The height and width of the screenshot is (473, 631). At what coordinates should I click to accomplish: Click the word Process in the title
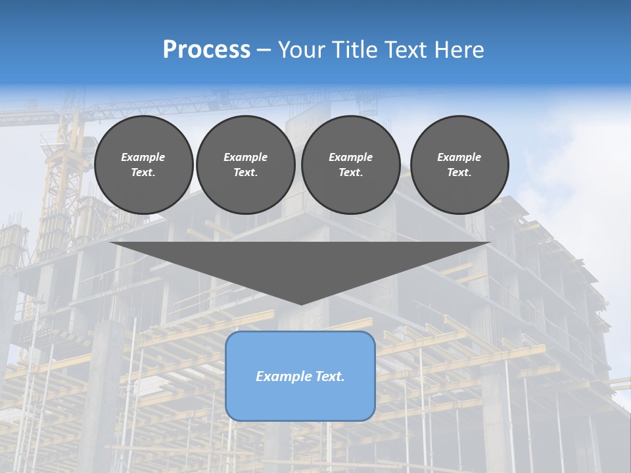(x=206, y=50)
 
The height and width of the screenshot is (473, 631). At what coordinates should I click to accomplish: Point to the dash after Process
(x=264, y=51)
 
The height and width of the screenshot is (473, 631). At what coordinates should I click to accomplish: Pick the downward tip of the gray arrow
(x=301, y=304)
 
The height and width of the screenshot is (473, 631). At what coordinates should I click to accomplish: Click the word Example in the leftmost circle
(x=143, y=157)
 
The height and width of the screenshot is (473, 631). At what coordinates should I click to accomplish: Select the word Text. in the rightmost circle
(x=459, y=172)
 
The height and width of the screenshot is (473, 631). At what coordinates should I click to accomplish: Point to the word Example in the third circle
(x=350, y=157)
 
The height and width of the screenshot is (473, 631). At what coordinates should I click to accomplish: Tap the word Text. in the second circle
(x=245, y=172)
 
